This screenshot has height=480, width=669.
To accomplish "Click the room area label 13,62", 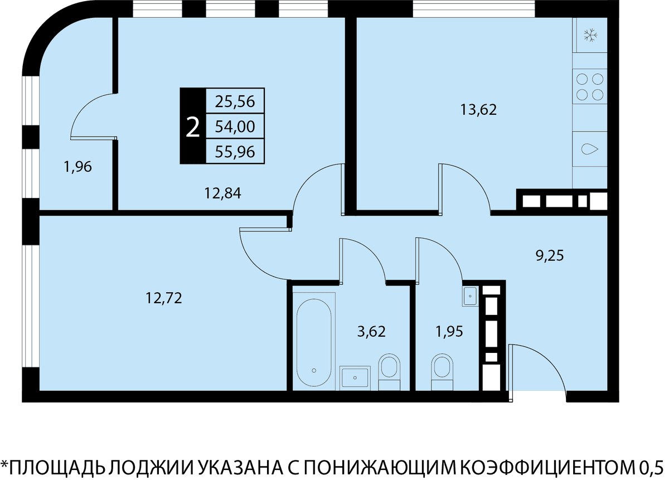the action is [478, 110].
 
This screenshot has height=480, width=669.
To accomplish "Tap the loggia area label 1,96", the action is [77, 167].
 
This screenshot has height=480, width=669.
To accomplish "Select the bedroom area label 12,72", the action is [164, 298].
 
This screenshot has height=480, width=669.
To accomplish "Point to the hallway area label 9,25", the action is [550, 256].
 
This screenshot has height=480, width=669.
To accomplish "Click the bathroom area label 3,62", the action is [371, 332].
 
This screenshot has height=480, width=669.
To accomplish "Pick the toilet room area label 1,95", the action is [449, 332].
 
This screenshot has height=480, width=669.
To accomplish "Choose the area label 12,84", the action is [222, 193].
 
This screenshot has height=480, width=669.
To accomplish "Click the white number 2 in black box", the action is [193, 128].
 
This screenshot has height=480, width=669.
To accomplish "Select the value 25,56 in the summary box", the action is [235, 101].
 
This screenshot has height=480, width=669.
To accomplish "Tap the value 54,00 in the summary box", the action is [235, 127].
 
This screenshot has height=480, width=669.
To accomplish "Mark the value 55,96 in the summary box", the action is [235, 152].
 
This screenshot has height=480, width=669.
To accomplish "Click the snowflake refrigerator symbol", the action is [590, 35].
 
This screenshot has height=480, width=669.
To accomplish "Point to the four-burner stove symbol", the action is [590, 87].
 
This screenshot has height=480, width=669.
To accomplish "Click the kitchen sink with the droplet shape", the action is [590, 149].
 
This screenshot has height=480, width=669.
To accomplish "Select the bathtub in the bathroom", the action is [314, 342].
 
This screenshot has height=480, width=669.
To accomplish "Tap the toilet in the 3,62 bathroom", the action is [389, 372].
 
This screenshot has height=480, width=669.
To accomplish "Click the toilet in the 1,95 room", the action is [442, 372].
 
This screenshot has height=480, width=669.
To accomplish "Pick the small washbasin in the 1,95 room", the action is [471, 296].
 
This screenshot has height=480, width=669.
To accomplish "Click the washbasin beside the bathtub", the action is [355, 378].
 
